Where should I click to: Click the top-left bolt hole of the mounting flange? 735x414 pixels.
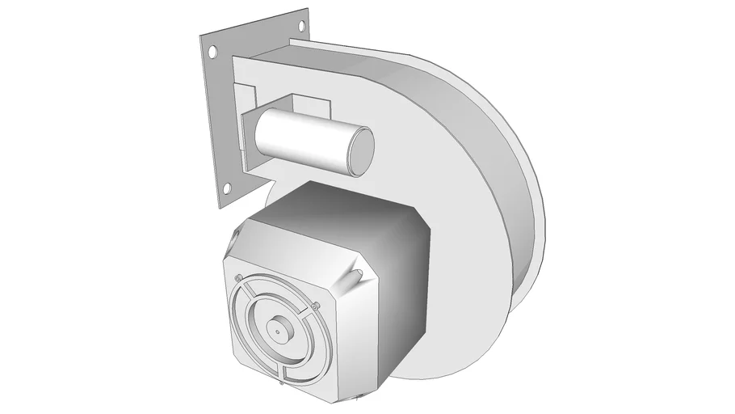(x=212, y=51)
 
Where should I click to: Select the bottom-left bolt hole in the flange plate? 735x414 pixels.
(x=227, y=189)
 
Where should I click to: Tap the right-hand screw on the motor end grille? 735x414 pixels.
(x=316, y=305)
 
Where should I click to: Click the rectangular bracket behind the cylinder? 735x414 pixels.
(x=311, y=105)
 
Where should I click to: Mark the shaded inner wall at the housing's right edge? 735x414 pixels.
(x=525, y=243)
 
